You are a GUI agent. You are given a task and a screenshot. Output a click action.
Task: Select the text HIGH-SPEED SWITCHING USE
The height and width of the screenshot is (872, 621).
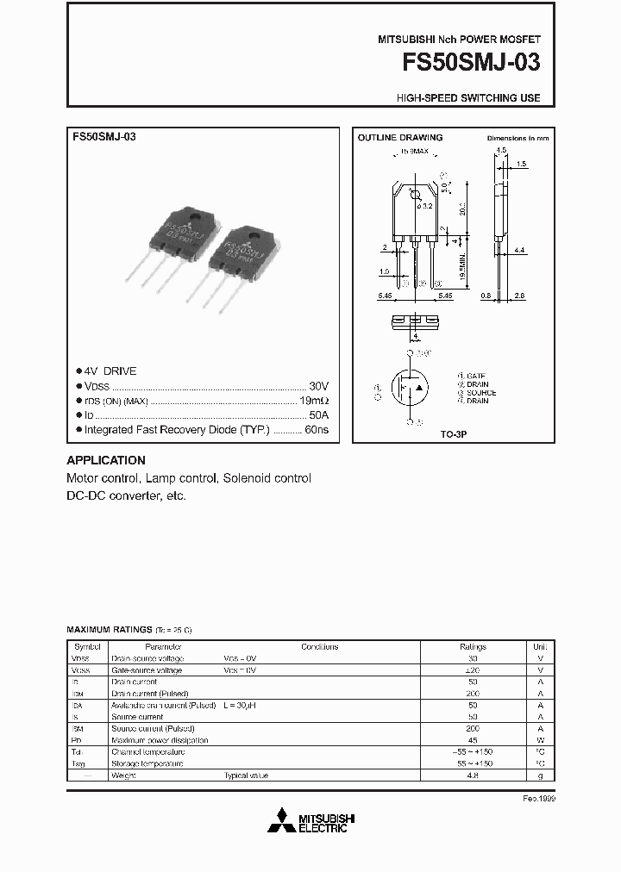(x=468, y=98)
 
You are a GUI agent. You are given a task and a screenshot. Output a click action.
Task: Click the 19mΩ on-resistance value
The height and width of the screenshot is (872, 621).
(x=313, y=401)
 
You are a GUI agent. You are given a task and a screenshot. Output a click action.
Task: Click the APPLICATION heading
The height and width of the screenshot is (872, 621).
(x=106, y=460)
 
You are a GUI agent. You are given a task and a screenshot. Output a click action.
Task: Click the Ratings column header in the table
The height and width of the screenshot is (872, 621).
(x=473, y=647)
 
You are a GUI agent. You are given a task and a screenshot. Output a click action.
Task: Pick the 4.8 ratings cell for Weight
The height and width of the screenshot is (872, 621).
(x=473, y=775)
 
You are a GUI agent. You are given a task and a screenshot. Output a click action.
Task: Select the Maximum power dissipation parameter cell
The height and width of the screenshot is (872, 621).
(x=160, y=740)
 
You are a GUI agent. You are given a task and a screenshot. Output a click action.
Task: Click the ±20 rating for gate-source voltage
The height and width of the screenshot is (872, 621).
(x=473, y=670)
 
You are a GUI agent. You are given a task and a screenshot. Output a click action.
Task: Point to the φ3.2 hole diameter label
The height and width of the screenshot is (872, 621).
(x=423, y=205)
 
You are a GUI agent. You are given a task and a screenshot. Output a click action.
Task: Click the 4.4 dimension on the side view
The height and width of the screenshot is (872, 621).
(x=518, y=250)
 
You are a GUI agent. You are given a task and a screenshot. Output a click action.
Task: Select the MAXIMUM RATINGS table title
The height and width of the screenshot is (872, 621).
(x=108, y=631)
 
